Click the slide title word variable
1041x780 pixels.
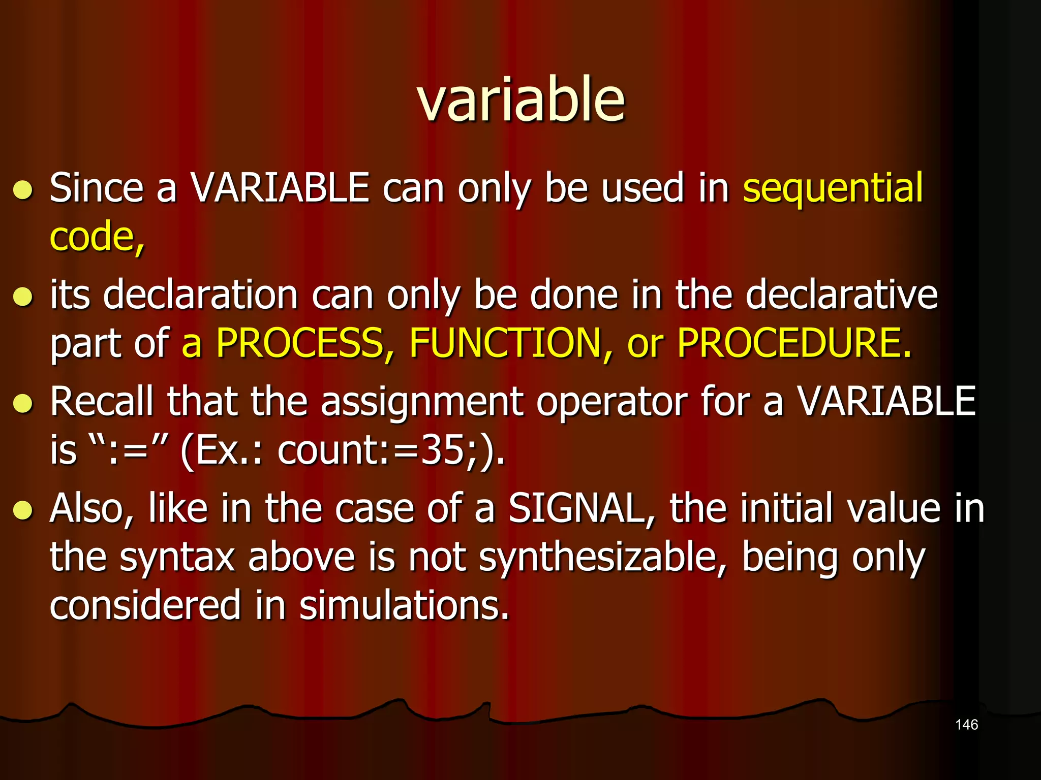(520, 100)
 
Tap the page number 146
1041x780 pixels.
(966, 725)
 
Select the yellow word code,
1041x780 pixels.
(97, 238)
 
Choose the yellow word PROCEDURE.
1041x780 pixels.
(794, 343)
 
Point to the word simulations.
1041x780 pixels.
(404, 606)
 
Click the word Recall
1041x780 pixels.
(101, 402)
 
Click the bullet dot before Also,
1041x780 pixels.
(23, 510)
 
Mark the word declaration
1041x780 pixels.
(200, 295)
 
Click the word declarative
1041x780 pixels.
(841, 295)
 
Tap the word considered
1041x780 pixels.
(145, 606)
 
